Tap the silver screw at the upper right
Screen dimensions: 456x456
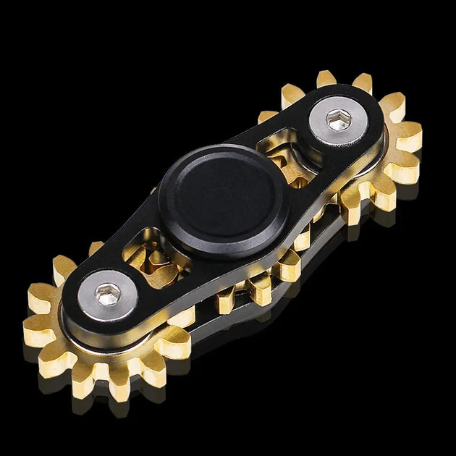pyautogui.click(x=337, y=120)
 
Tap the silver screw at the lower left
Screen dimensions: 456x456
pyautogui.click(x=109, y=295)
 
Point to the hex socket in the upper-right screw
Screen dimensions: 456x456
pyautogui.click(x=338, y=119)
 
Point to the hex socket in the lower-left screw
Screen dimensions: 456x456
pyautogui.click(x=109, y=295)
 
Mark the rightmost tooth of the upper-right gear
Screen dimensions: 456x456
pyautogui.click(x=411, y=138)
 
